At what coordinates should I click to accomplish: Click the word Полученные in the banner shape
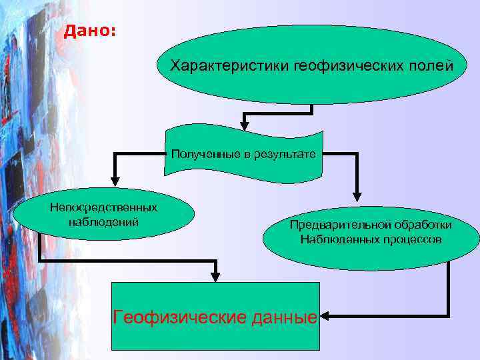pyautogui.click(x=205, y=154)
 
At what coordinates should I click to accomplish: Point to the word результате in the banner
pyautogui.click(x=289, y=154)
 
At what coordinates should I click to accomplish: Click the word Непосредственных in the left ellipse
pyautogui.click(x=103, y=208)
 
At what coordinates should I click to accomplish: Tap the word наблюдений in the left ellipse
pyautogui.click(x=103, y=221)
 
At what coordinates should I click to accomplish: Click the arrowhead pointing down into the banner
pyautogui.click(x=244, y=125)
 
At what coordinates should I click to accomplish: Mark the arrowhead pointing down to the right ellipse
pyautogui.click(x=357, y=196)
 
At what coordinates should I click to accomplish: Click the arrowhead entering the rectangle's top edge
pyautogui.click(x=215, y=276)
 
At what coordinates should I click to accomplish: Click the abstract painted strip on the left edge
pyautogui.click(x=27, y=200)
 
